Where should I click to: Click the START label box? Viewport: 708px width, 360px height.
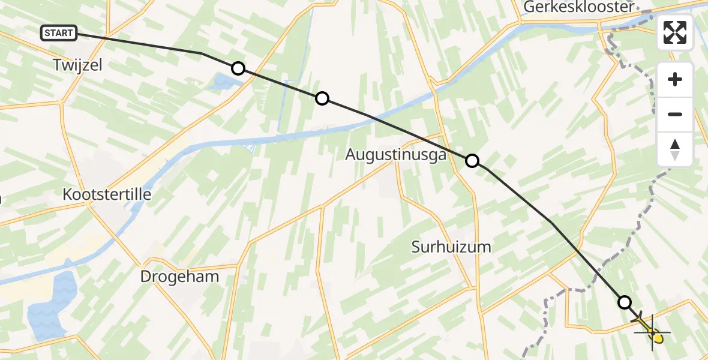pos(59,33)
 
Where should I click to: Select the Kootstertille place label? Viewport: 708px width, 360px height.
pos(107,194)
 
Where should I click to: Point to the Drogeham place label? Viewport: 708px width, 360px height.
pos(179,276)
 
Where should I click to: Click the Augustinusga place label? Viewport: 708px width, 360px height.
pos(396,155)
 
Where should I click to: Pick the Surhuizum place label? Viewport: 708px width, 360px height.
pos(451,246)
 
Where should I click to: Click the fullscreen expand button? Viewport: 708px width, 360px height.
pos(675,32)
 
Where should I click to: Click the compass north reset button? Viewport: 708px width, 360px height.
pos(675,149)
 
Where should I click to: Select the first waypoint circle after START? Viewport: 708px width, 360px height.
pos(238,68)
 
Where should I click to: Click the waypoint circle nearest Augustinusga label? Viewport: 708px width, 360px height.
pos(472,160)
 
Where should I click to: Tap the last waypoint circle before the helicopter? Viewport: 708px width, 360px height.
pos(625,302)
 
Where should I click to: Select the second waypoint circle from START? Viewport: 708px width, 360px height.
pos(322,98)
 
